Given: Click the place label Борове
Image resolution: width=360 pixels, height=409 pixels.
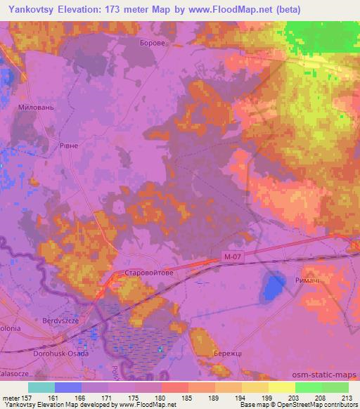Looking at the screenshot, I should [x=153, y=43].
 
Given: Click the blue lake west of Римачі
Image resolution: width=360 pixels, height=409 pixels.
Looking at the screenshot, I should [x=271, y=287].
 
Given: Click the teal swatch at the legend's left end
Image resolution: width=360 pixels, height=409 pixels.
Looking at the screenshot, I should [x=41, y=387].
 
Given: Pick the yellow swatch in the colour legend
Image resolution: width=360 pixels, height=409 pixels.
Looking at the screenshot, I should [x=281, y=387].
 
